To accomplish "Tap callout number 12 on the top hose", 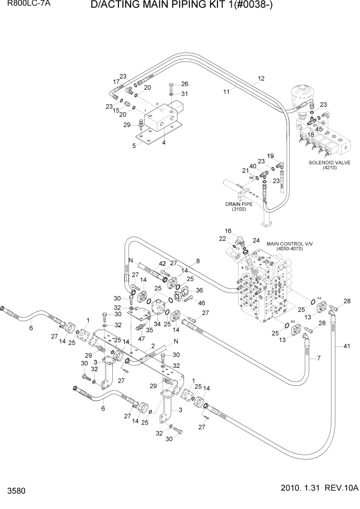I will coord(261,79).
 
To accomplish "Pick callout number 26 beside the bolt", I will coord(185,84).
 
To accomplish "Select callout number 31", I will coord(185,93).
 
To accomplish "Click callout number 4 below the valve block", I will coord(164,142).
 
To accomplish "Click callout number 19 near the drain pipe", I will coord(270,155).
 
